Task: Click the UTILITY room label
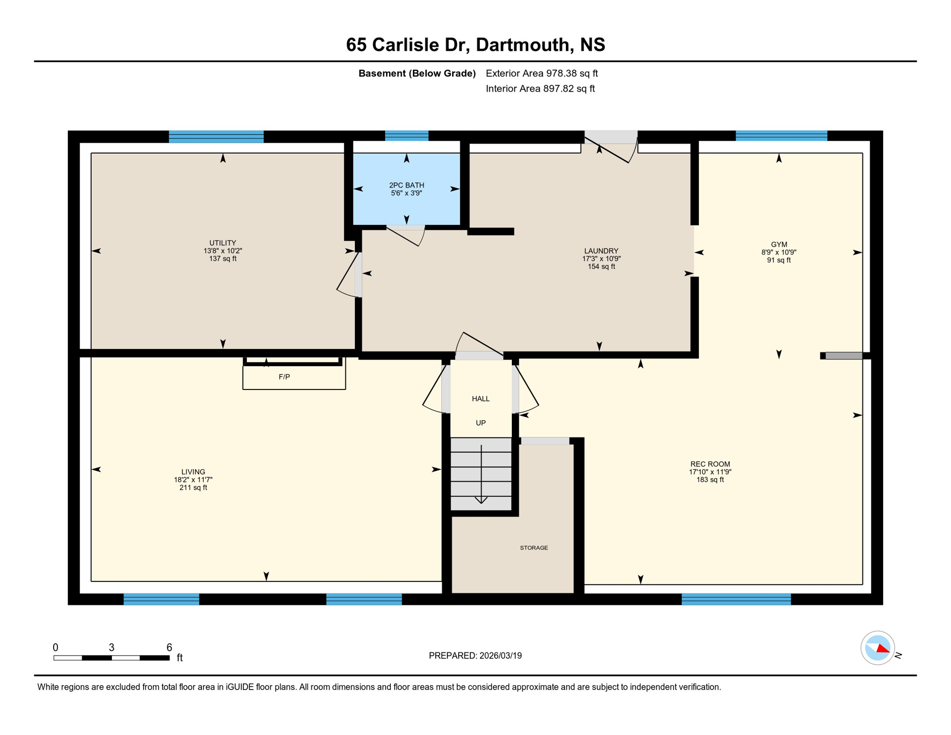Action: click(222, 243)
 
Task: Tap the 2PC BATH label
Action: click(406, 185)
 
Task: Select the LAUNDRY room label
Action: click(601, 251)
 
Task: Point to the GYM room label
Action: click(778, 245)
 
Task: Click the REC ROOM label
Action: click(709, 464)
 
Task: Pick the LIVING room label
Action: click(193, 472)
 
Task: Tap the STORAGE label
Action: click(533, 547)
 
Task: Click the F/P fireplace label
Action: click(284, 377)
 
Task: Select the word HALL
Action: click(480, 399)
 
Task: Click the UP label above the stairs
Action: click(480, 423)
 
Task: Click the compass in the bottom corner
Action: click(877, 648)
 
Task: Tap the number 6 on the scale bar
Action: click(169, 647)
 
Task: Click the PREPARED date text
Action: click(475, 656)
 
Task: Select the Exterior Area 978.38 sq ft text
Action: click(542, 73)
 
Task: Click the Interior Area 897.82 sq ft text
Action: click(540, 89)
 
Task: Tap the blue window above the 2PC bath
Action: click(406, 136)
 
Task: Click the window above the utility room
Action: click(216, 136)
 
